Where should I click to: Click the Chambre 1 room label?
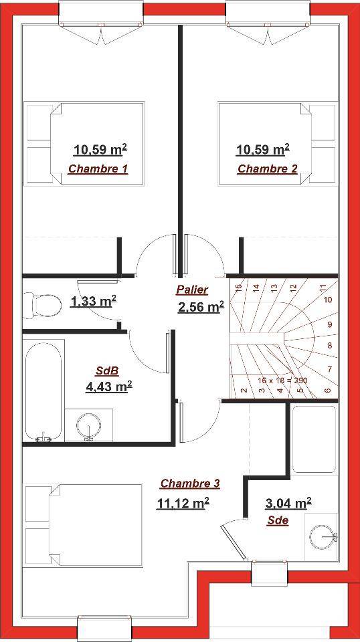pos(98,169)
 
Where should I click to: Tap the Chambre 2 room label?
pos(268,169)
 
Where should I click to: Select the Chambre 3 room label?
pos(190,484)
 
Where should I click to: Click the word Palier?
pos(192,290)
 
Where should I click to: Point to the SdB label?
pos(107,371)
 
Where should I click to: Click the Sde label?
pos(278,521)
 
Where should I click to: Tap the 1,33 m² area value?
pos(94,302)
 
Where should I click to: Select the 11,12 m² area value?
pos(183,503)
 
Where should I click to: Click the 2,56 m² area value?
pos(201,307)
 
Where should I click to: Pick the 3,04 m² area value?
pos(288,503)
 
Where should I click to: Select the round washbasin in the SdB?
pos(88,425)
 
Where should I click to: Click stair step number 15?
pos(240,288)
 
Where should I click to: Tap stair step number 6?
pos(327,390)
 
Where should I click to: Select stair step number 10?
pos(328,300)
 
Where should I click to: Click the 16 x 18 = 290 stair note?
pos(282,380)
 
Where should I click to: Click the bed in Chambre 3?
pos(84,526)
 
